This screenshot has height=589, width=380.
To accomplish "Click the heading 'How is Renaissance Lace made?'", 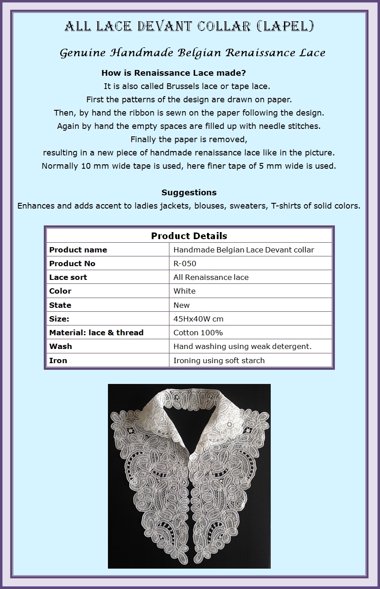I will (x=174, y=73).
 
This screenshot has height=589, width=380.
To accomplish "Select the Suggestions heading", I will (x=189, y=192).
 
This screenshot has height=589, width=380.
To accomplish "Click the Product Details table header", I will (x=189, y=236).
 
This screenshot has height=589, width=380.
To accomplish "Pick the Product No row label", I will (x=72, y=263).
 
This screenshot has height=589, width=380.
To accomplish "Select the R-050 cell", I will (x=184, y=263).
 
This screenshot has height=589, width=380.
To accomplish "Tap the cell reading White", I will (x=184, y=291).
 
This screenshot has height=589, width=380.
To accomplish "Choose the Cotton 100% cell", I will (x=198, y=333).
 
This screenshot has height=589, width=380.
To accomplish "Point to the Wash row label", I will (x=61, y=346).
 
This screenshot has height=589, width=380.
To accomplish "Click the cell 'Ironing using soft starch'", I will (x=219, y=360).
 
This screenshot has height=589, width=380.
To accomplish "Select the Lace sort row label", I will (x=68, y=277).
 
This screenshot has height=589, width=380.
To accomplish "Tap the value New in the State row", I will (x=181, y=305).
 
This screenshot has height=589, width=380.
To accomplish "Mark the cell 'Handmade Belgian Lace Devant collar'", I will (x=244, y=250).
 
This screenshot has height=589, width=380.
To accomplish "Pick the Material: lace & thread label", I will (x=96, y=333).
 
